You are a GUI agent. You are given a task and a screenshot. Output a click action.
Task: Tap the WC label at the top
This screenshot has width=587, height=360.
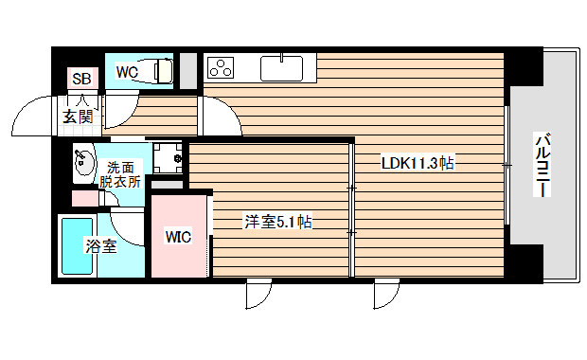(x=128, y=71)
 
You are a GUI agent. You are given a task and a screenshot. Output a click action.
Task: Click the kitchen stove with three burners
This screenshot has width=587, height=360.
(x=222, y=68)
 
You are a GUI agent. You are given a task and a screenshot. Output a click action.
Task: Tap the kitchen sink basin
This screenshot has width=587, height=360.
(x=279, y=68)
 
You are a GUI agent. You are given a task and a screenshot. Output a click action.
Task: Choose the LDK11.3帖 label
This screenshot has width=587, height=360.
(x=418, y=162)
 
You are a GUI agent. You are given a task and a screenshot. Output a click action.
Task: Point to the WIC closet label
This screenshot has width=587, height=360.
(x=178, y=236)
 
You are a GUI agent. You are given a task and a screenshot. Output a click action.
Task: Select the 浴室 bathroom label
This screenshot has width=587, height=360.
(x=102, y=246)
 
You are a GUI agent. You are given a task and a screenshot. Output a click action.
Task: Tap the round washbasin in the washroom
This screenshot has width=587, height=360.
(x=83, y=162)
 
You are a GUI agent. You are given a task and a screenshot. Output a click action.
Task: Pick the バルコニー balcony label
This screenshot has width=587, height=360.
(x=543, y=166)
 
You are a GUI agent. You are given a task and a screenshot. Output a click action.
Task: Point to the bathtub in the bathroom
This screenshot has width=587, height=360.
(x=73, y=246)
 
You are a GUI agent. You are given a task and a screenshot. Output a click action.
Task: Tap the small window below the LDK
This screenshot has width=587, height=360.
(x=386, y=295)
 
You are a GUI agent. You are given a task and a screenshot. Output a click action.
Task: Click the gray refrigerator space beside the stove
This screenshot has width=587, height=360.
(x=188, y=69)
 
